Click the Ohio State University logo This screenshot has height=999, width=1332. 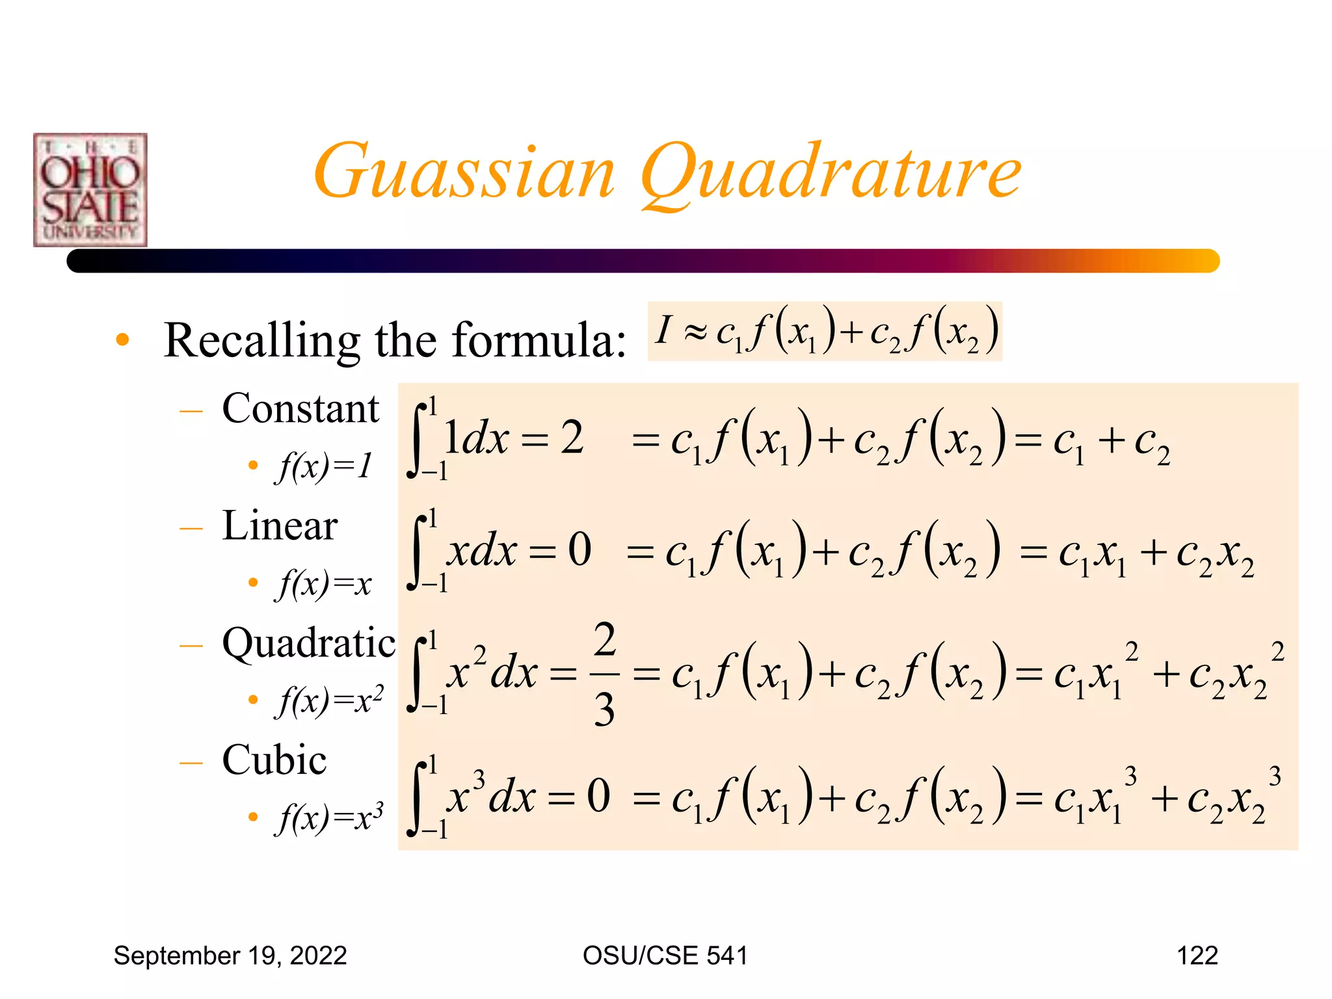pos(90,190)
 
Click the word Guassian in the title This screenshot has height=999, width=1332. pos(464,172)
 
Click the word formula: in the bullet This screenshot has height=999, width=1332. pos(539,340)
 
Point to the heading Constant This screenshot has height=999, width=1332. pos(300,409)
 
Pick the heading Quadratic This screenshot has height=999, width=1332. pos(308,643)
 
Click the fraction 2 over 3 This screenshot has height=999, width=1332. pos(604,674)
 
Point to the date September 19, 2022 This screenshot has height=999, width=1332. pos(230,955)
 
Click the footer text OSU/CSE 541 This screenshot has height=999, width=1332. pos(665,955)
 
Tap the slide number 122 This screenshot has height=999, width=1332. pos(1197,955)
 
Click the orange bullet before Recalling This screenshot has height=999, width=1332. pos(122,340)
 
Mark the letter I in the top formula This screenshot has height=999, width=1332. pos(663,330)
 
